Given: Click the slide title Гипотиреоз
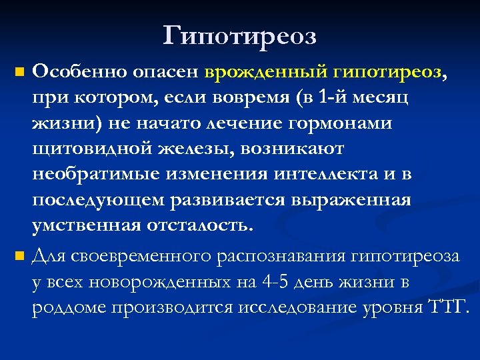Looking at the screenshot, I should point(239,35).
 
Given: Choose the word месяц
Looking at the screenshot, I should point(382,98).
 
